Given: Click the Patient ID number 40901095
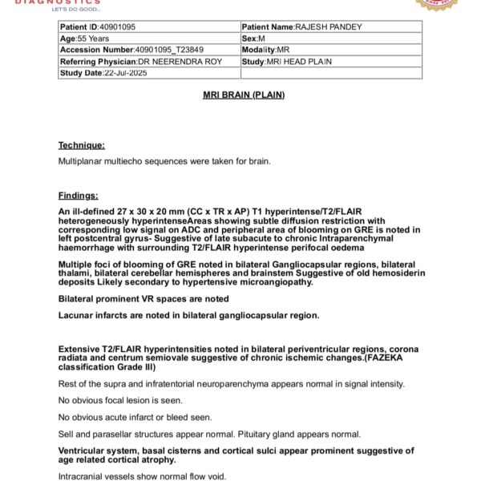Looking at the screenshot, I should point(112,27).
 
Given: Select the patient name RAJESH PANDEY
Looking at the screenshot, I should point(329,27).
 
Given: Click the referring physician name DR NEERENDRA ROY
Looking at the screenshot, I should point(180,62).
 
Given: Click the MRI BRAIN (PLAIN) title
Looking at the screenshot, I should point(244,95).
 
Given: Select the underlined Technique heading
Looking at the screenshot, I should point(81,145).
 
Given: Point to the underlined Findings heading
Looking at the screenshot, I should point(78,196).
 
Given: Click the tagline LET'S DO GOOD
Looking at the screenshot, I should point(76,10).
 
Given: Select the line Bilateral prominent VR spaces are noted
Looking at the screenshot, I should point(143,299).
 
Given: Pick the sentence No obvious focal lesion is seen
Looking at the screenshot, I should point(120,400).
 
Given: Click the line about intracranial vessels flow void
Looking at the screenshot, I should point(143,476).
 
